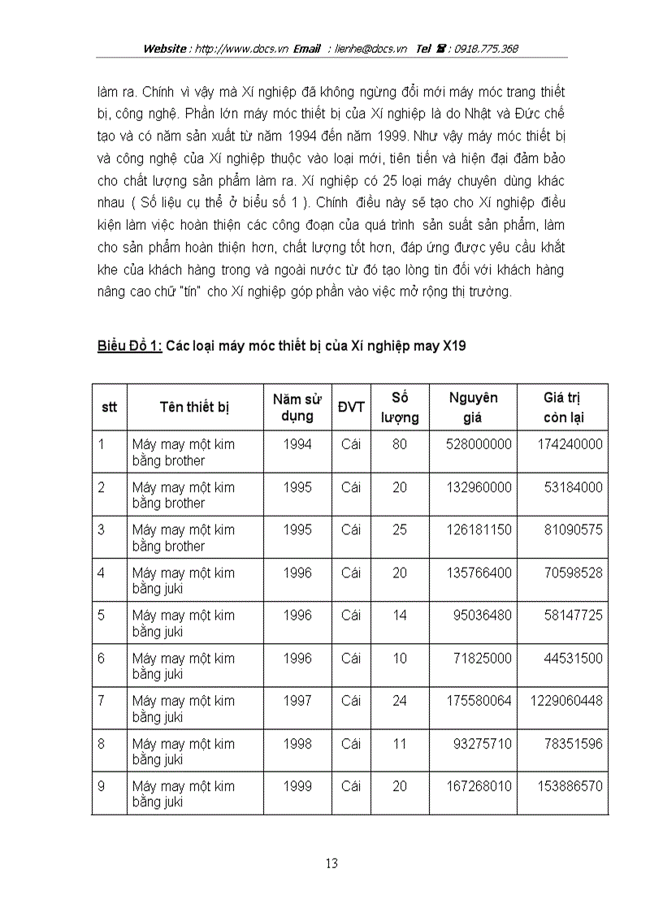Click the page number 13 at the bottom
click(x=331, y=863)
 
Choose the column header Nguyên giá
click(x=473, y=408)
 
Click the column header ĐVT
click(x=351, y=407)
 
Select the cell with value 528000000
click(x=479, y=444)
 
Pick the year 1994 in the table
click(x=297, y=444)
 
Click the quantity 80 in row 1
click(x=400, y=444)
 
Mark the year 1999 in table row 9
click(x=297, y=786)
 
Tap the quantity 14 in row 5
click(x=400, y=615)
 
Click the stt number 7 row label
click(x=102, y=701)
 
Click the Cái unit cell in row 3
click(x=351, y=529)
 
